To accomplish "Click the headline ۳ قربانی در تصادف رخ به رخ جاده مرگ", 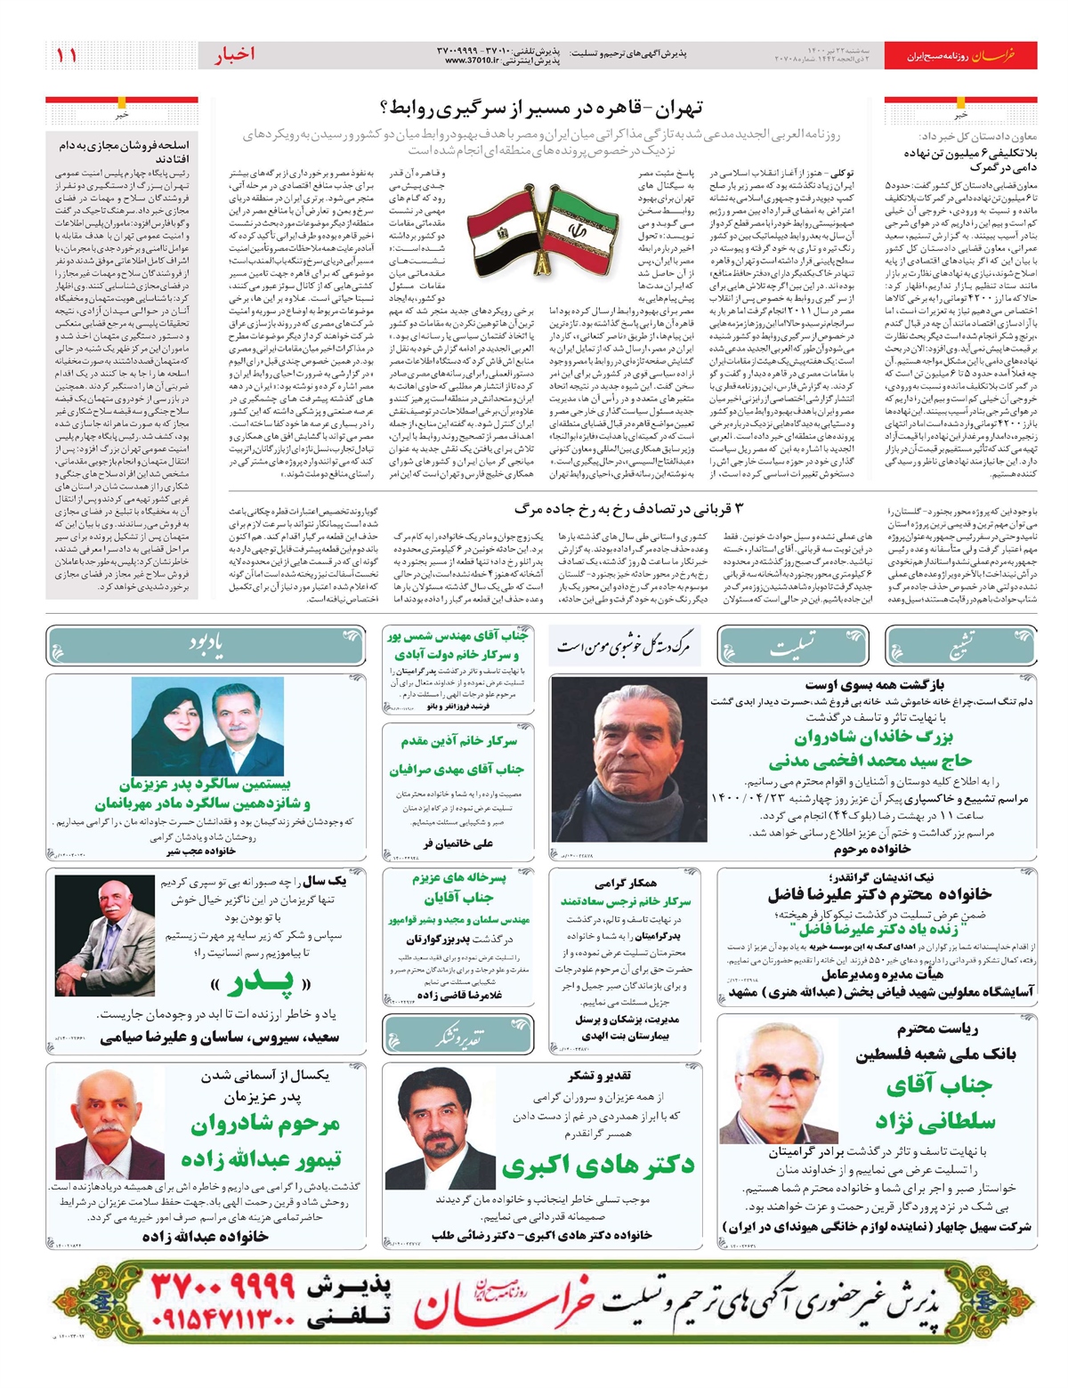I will pyautogui.click(x=628, y=509).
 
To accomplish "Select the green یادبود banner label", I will pyautogui.click(x=206, y=646).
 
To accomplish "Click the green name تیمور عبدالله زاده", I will pyautogui.click(x=262, y=1159).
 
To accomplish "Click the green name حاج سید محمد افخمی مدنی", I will pyautogui.click(x=870, y=761).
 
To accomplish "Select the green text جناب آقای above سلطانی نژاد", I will pyautogui.click(x=940, y=1086).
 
